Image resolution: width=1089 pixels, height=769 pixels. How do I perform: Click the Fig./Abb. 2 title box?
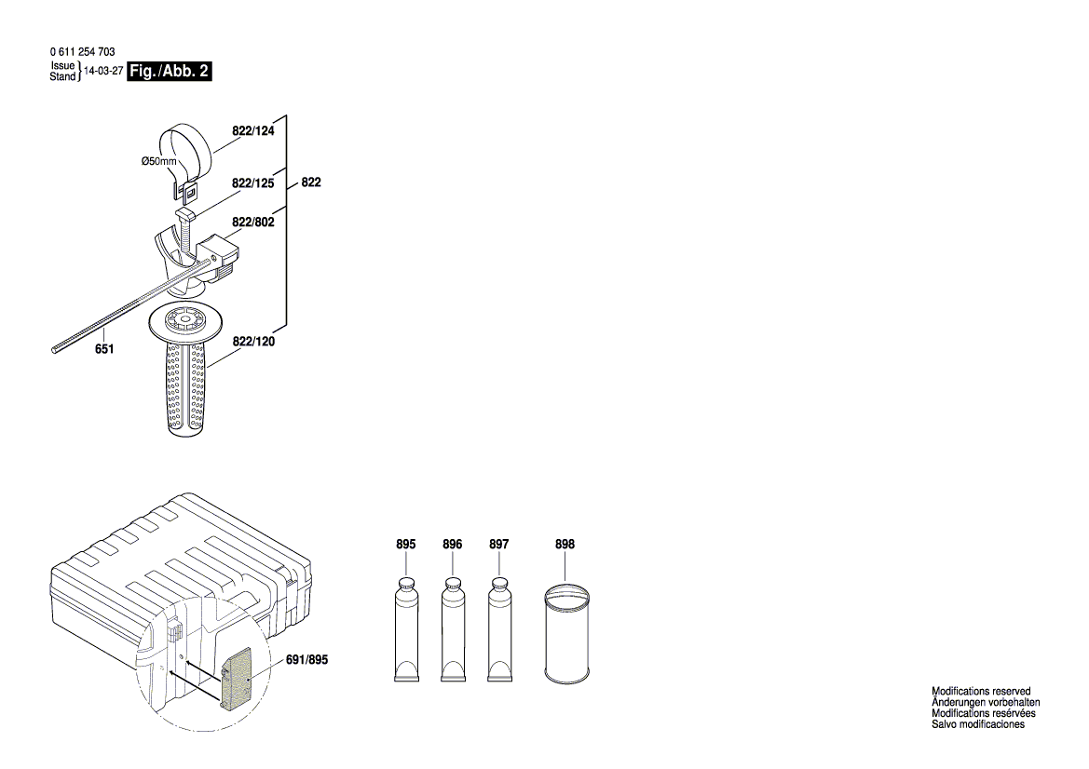point(169,72)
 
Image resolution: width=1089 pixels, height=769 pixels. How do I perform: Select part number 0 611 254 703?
point(83,51)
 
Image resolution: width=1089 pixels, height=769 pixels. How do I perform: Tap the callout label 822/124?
point(252,131)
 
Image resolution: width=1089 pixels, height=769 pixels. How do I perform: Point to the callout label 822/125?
point(252,183)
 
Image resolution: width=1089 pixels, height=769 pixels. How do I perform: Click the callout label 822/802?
point(252,223)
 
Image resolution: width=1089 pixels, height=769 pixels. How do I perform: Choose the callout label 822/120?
point(253,342)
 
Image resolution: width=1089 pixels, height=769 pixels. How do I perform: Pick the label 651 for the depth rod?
point(104,349)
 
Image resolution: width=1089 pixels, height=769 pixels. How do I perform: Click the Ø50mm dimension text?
point(159,161)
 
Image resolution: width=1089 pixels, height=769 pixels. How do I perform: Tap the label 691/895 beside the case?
point(306,659)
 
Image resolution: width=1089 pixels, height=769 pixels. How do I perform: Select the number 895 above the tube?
point(406,545)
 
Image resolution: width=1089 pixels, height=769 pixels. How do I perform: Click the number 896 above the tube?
point(452,545)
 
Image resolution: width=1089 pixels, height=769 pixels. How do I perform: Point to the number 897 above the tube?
point(498,545)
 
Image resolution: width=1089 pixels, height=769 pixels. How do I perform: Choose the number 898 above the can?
point(565,545)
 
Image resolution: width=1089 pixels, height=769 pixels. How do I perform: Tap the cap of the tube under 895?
point(405,582)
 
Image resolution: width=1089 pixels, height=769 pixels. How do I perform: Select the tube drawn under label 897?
point(499,628)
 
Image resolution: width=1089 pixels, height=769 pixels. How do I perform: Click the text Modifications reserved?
point(981,692)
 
